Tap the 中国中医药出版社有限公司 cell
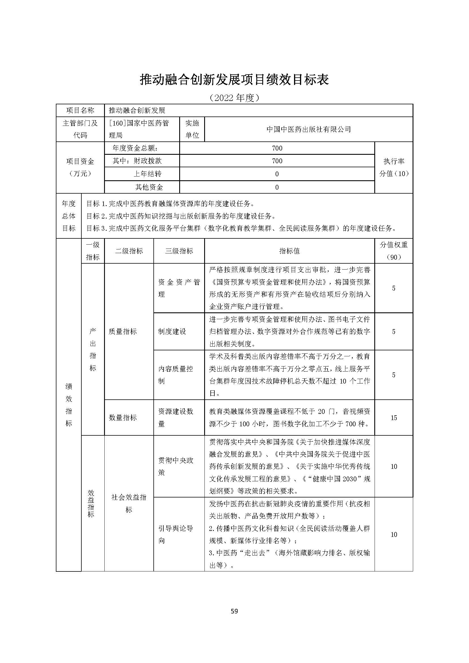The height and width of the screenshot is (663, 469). point(309,129)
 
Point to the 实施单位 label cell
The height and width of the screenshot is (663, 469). point(192,129)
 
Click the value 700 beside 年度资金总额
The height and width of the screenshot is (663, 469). point(277,148)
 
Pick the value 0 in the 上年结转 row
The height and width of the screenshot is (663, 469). point(277,174)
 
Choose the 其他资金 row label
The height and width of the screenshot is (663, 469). point(149,187)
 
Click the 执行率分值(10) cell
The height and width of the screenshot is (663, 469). point(394,167)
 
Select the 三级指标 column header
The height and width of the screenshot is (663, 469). point(179,251)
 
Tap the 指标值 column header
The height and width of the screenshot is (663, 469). point(290,251)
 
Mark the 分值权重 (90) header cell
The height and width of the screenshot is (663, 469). point(394,251)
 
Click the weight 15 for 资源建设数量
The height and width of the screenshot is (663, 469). point(394,418)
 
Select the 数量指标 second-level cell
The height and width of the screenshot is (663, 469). point(123,418)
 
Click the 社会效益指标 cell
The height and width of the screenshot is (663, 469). point(129,503)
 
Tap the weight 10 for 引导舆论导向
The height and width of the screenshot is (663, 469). point(394,535)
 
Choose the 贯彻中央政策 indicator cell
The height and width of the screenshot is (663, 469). point(176,466)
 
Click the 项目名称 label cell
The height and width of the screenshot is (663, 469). point(80,110)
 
